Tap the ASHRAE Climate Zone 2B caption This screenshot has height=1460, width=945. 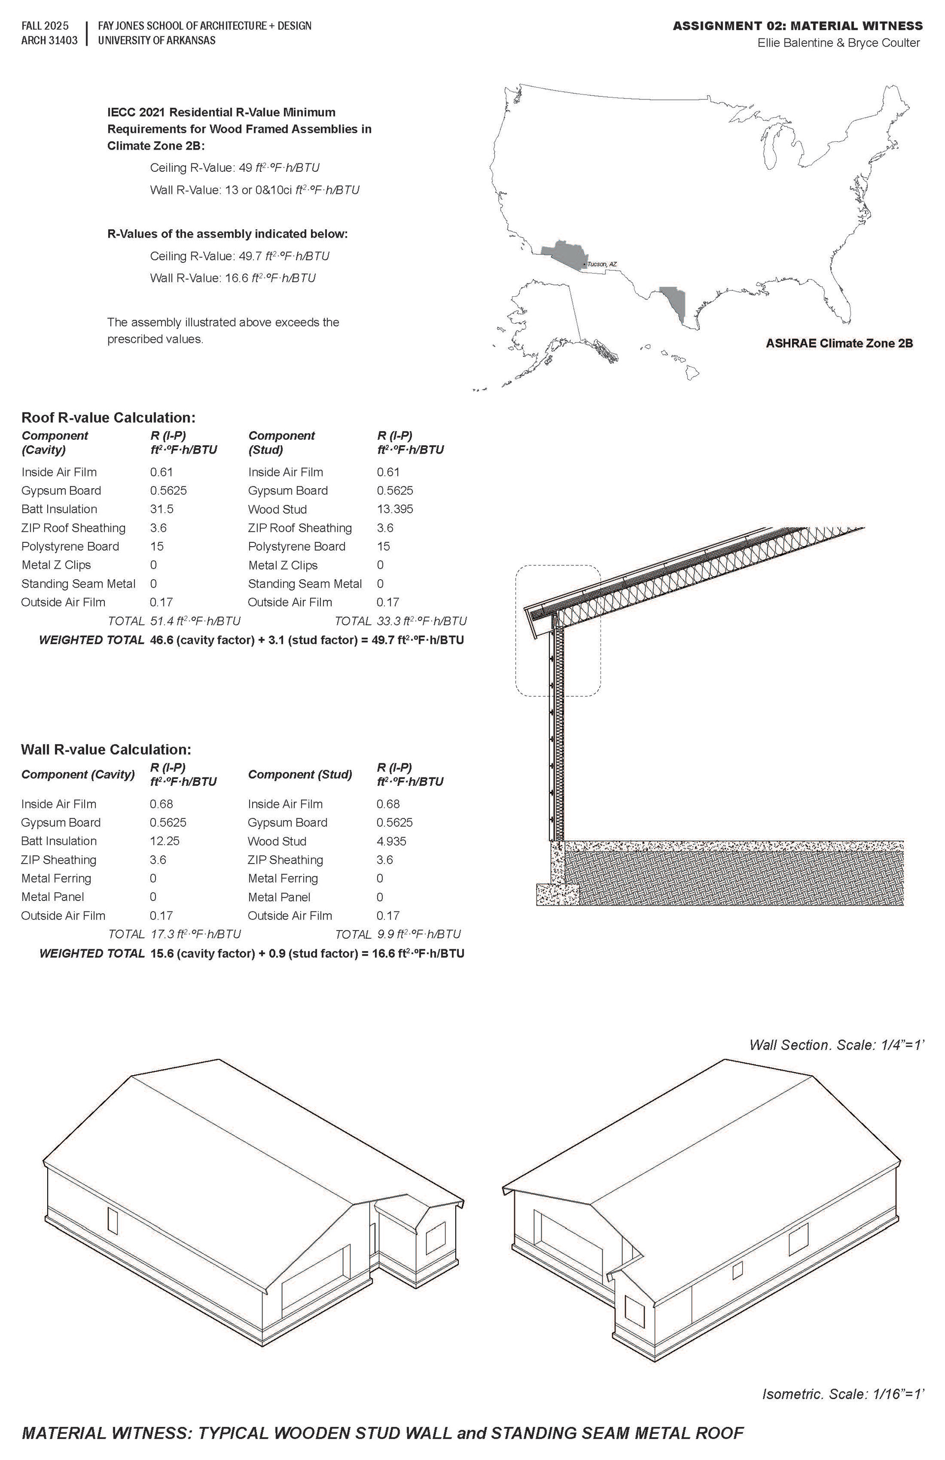[838, 343]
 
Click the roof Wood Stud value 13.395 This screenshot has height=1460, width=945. [395, 509]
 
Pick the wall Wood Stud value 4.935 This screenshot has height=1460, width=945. [391, 841]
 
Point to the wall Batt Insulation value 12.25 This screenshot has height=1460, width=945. [164, 841]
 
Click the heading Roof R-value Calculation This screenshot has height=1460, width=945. [108, 418]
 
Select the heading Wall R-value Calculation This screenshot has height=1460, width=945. [106, 749]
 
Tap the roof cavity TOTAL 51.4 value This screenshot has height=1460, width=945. [195, 621]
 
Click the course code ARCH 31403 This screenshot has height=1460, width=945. [49, 40]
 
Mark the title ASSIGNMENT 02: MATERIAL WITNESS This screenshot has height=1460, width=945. [797, 26]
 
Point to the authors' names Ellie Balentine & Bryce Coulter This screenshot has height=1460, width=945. [838, 43]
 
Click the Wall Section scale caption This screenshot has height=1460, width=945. [836, 1045]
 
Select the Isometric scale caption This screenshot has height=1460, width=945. [843, 1395]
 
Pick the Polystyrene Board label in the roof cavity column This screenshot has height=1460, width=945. [70, 547]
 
